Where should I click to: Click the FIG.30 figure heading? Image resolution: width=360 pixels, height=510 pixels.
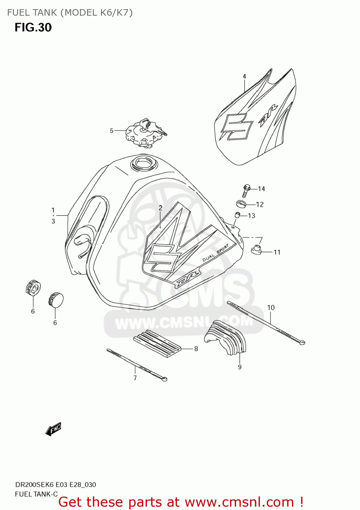click(33, 28)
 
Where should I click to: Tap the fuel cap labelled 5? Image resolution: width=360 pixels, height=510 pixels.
click(146, 133)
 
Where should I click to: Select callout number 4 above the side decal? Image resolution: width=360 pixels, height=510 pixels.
click(244, 76)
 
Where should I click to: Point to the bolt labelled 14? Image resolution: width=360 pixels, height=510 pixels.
click(246, 191)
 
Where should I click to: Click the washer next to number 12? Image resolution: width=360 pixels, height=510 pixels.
click(241, 203)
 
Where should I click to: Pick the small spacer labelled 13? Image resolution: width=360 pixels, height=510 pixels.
click(238, 215)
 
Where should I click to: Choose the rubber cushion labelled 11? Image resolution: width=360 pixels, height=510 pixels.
click(256, 250)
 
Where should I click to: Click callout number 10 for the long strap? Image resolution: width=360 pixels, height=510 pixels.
click(271, 308)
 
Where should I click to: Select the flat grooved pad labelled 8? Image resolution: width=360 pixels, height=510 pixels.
click(157, 343)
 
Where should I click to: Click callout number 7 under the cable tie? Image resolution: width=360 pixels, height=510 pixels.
click(135, 378)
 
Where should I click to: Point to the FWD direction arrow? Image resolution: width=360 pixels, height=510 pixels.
click(53, 429)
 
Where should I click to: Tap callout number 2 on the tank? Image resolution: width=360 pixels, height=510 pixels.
click(160, 208)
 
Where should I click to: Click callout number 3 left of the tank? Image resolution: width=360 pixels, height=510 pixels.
click(53, 221)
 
